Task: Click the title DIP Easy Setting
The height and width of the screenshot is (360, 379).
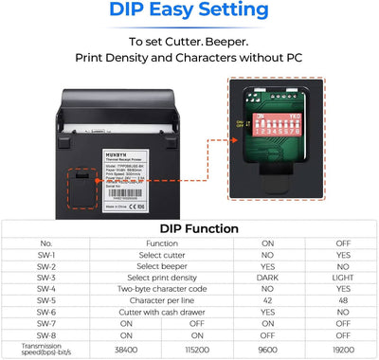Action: (189, 12)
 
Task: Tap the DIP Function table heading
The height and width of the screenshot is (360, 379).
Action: (189, 228)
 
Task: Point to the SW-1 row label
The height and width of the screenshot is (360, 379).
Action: (45, 256)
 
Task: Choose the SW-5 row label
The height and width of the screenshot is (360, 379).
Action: (45, 300)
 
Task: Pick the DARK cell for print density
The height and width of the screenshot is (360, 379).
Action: (267, 279)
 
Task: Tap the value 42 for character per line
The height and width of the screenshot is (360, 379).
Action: (267, 300)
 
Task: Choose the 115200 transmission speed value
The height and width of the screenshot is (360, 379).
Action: (198, 348)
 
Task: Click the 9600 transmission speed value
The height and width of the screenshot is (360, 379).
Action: (267, 348)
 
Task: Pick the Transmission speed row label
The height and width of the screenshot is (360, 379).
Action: (45, 348)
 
